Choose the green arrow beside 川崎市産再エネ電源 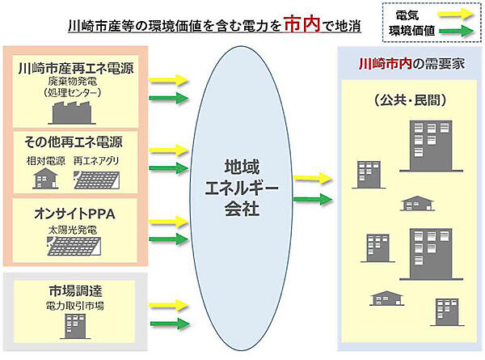click(x=169, y=99)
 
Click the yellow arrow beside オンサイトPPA click(x=169, y=220)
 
